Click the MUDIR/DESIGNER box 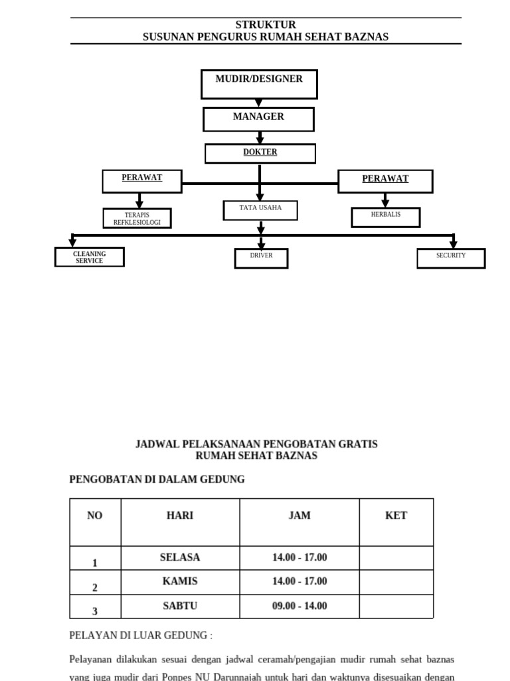[x=259, y=84]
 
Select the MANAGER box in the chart [x=258, y=120]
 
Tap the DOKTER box [x=260, y=154]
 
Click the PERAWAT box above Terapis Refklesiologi [x=142, y=181]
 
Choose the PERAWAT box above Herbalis [x=385, y=181]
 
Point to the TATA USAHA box [x=260, y=210]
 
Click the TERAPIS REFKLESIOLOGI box [x=137, y=218]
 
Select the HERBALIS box [x=385, y=217]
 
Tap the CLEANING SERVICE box [x=90, y=257]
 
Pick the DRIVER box [x=261, y=258]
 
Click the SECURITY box [x=451, y=258]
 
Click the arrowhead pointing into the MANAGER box [x=259, y=103]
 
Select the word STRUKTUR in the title [x=266, y=25]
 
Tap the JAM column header [x=299, y=515]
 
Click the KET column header [x=396, y=515]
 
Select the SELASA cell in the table [x=180, y=557]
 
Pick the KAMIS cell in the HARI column [x=180, y=581]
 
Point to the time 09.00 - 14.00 [x=299, y=606]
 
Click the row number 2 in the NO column [x=95, y=587]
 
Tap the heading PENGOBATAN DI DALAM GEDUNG [x=157, y=479]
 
